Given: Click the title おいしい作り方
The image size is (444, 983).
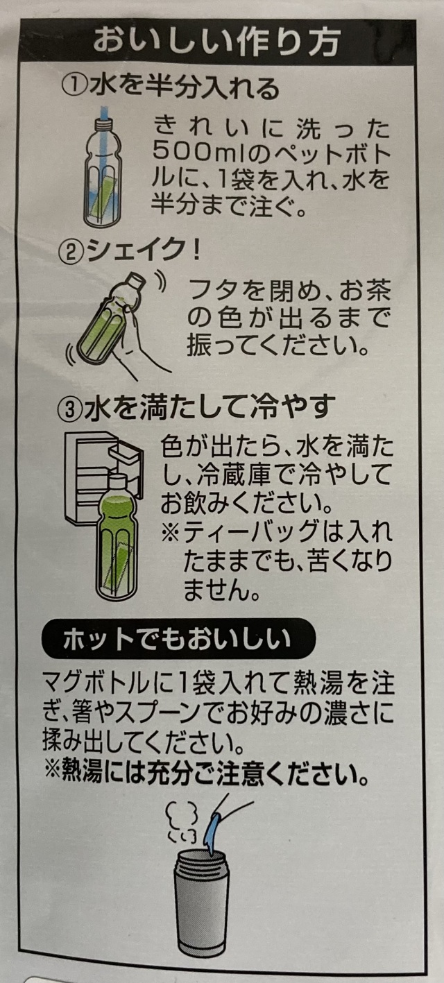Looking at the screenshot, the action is [217, 42].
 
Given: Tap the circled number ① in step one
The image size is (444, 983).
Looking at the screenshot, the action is [74, 87].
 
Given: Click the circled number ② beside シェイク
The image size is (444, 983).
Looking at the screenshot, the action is [71, 252].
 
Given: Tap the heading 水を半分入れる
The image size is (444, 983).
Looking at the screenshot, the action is [185, 87].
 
